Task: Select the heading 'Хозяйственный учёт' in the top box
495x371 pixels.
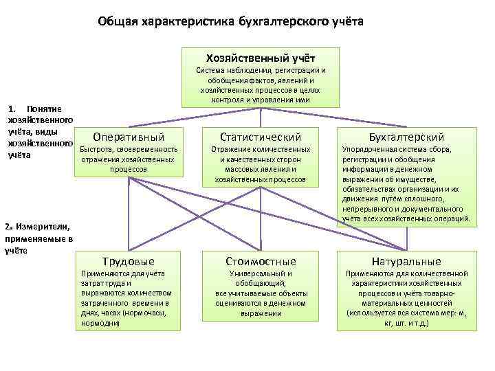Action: click(x=261, y=56)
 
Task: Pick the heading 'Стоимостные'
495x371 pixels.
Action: click(x=261, y=261)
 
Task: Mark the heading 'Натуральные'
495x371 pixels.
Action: click(x=406, y=261)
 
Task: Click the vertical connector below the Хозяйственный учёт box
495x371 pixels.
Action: click(x=261, y=116)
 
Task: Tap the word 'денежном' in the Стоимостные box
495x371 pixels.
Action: click(x=289, y=303)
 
